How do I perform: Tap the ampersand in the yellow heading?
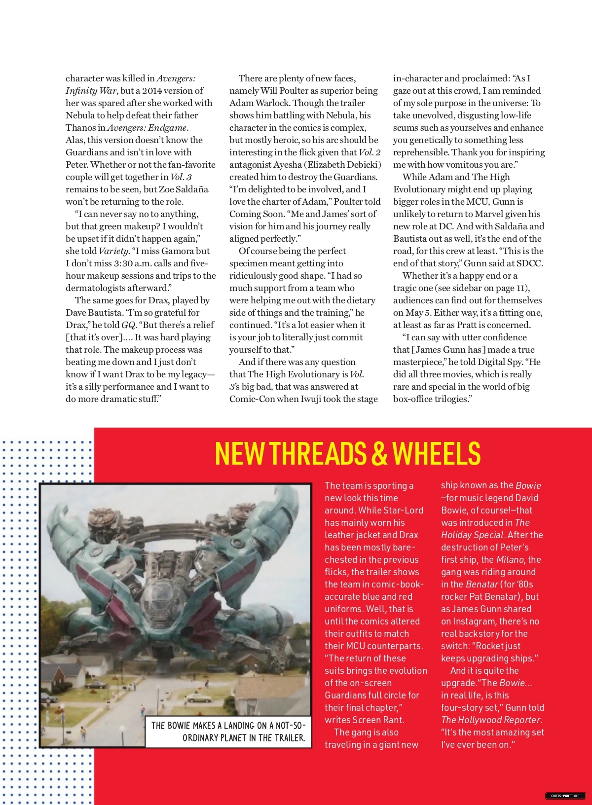click(379, 453)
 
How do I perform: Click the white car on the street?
click(199, 697)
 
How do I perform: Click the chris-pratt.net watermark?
click(565, 796)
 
